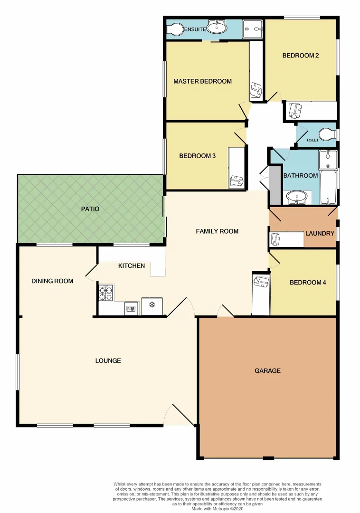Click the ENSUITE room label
click(x=195, y=29)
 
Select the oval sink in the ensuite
click(x=218, y=28)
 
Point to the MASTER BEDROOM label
click(x=202, y=81)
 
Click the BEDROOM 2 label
click(x=300, y=56)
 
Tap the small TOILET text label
click(x=312, y=141)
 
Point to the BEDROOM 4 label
click(x=308, y=283)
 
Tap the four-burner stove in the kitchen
click(x=105, y=293)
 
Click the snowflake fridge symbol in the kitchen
click(x=152, y=305)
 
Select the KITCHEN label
click(x=132, y=266)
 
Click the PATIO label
click(x=90, y=209)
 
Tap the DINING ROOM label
click(x=52, y=281)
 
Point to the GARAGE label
click(x=267, y=370)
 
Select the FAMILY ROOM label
click(x=217, y=231)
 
